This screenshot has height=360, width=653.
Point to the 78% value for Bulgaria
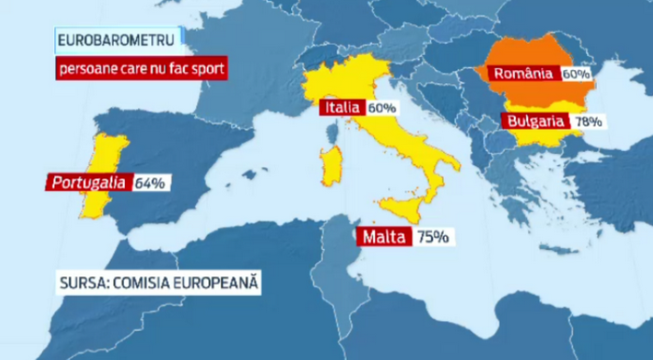[x=589, y=121]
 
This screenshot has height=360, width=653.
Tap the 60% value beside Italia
[x=382, y=108]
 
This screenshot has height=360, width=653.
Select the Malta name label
[x=382, y=237]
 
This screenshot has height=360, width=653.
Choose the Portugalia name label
[x=88, y=183]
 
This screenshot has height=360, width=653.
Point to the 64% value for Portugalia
[x=149, y=184]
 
